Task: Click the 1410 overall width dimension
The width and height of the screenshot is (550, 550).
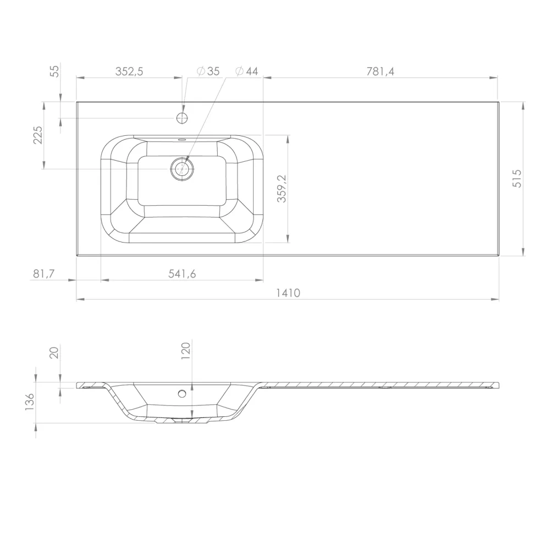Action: tap(288, 293)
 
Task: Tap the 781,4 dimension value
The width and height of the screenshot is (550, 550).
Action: tap(380, 71)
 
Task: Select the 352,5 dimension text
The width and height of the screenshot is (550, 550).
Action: tap(129, 71)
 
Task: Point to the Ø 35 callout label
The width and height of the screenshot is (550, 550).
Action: tap(208, 71)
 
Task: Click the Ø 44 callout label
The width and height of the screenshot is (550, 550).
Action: tap(246, 71)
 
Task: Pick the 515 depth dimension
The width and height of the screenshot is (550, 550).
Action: tap(518, 179)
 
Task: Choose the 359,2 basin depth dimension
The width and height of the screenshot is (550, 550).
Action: tap(282, 189)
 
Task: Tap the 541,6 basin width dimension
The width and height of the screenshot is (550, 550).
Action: tap(182, 273)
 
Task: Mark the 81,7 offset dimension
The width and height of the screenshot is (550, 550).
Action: tap(44, 273)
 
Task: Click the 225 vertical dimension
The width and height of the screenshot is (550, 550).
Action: tap(37, 135)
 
